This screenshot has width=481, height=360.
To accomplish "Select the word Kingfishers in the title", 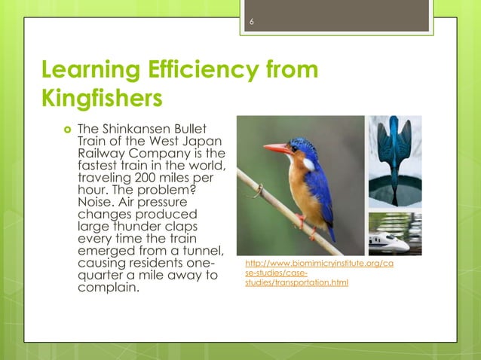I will tap(102, 99).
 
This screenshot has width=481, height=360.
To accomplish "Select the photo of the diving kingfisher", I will tap(394, 161).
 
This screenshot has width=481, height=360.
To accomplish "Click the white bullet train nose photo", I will tap(394, 234).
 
